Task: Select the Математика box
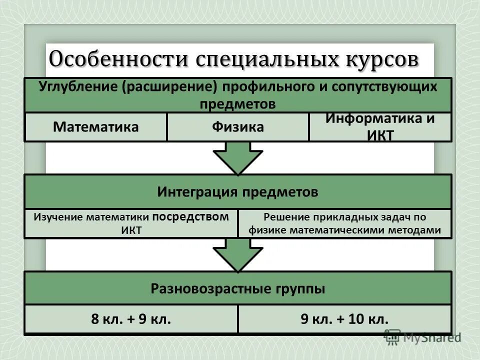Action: click(x=95, y=127)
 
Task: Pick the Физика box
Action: click(x=237, y=127)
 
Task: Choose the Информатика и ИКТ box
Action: click(x=380, y=127)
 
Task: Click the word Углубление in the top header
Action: click(x=77, y=86)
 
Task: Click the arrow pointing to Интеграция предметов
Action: click(x=238, y=157)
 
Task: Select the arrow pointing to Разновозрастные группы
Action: click(x=238, y=254)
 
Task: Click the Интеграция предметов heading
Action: click(x=238, y=192)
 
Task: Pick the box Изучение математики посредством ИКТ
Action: click(x=131, y=223)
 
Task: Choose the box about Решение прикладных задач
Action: click(x=344, y=223)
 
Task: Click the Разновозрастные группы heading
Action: click(x=238, y=288)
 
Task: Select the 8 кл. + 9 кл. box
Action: click(x=131, y=319)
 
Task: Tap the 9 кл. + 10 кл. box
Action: click(x=344, y=319)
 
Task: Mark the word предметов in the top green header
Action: click(x=238, y=103)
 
